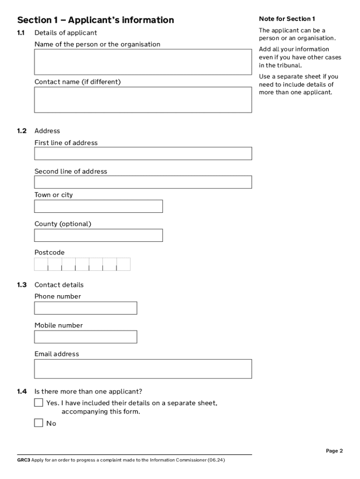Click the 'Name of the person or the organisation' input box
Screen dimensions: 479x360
(143, 62)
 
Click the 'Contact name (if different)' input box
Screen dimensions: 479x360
(143, 100)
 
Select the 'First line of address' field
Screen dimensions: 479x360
(143, 153)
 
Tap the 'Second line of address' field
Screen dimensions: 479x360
(143, 182)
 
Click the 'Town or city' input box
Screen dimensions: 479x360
(98, 206)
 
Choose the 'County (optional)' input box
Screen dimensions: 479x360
(98, 235)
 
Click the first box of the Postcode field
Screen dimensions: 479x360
(41, 264)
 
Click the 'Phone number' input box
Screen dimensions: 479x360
(86, 308)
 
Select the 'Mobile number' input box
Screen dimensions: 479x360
(86, 337)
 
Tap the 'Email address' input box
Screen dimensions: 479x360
(143, 369)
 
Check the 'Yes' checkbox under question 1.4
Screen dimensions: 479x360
(39, 403)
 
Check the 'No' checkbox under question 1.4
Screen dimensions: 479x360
(39, 423)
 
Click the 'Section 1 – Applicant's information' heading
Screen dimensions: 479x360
(95, 20)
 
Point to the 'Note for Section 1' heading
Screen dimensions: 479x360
(287, 19)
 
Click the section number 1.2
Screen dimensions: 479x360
(22, 131)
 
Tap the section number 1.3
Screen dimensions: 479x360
(22, 285)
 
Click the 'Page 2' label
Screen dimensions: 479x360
(334, 451)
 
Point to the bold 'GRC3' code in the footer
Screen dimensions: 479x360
(23, 460)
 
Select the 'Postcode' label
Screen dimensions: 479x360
(50, 253)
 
